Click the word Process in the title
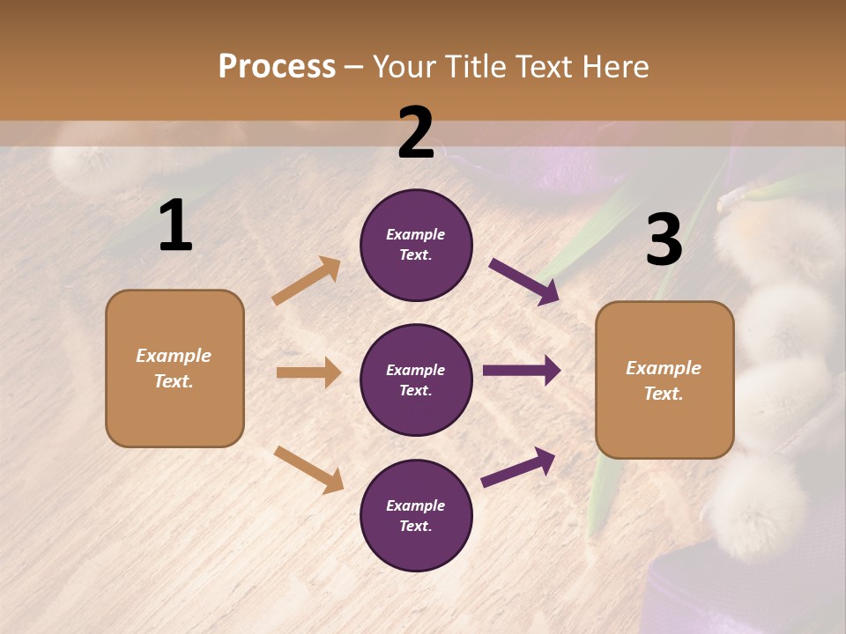point(277,67)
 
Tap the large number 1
point(175,226)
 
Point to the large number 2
point(416,134)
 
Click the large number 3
point(664,240)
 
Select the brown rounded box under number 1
point(174,368)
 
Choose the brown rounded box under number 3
point(664,380)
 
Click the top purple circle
point(416,245)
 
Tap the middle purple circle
point(416,380)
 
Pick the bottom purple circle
point(416,515)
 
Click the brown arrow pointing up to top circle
point(307,281)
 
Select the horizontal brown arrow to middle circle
point(308,372)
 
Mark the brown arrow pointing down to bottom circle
point(308,469)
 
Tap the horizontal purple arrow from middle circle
point(522,371)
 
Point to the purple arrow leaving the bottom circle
point(518,468)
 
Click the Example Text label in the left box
point(174,368)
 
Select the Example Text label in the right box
point(664,380)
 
